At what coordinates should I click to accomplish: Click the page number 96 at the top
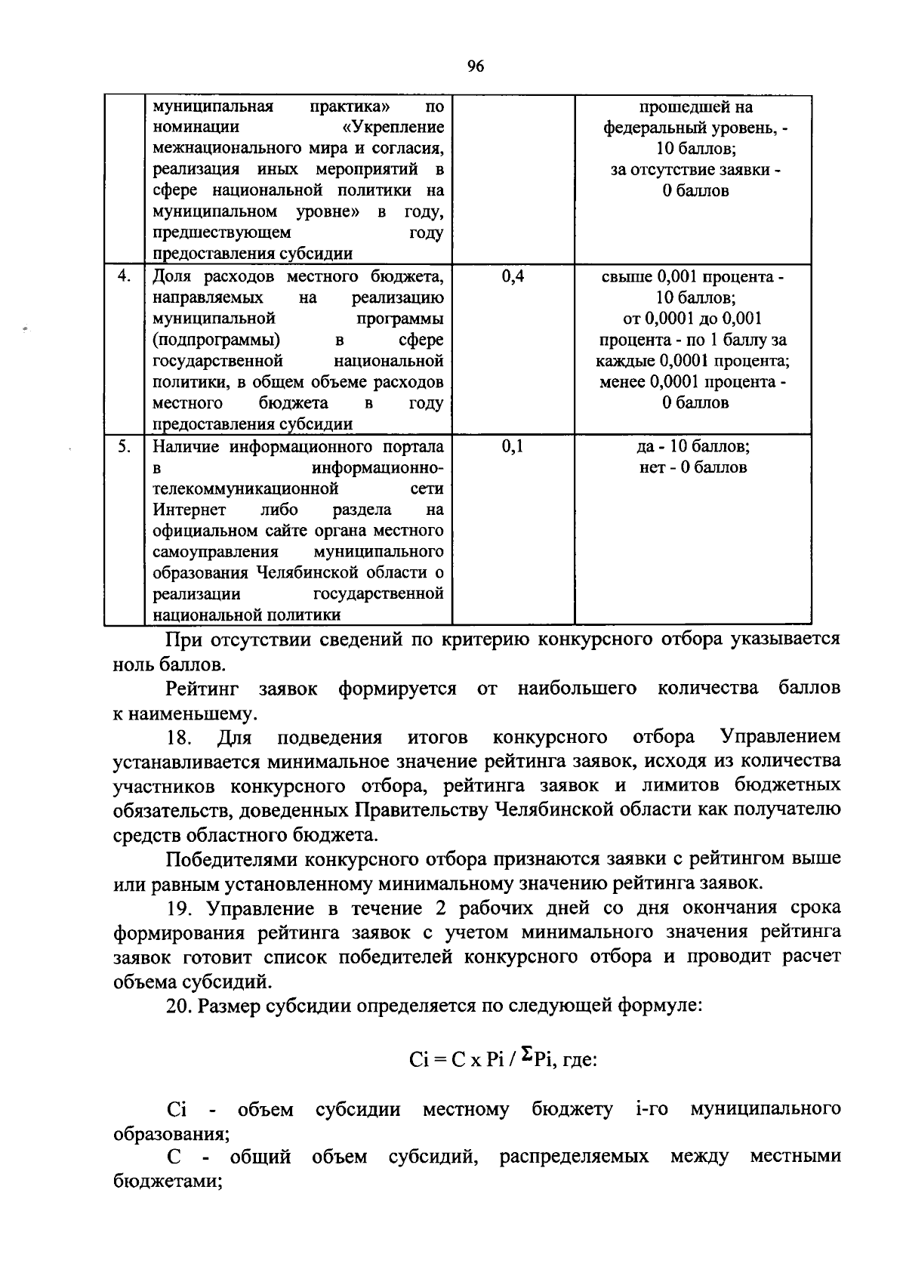[475, 66]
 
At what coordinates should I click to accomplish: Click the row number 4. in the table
[125, 276]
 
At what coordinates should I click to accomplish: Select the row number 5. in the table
[125, 447]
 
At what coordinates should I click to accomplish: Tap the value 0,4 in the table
[513, 276]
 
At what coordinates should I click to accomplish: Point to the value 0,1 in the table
[513, 447]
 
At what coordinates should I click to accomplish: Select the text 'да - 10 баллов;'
[693, 447]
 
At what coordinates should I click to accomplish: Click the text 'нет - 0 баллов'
[693, 467]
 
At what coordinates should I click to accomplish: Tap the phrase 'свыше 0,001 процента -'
[692, 276]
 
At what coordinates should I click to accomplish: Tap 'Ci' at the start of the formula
[419, 1060]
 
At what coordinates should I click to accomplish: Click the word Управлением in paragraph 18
[779, 737]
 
